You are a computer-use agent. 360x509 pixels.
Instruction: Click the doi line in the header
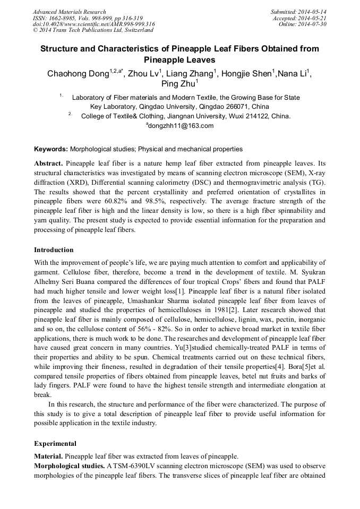[93, 24]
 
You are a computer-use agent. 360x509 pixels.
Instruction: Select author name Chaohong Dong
[78, 73]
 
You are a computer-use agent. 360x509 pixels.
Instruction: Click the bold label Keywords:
[51, 149]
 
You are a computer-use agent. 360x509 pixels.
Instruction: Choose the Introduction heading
[54, 249]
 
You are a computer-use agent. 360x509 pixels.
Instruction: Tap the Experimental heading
[55, 443]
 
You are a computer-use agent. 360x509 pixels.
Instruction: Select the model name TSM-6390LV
[134, 465]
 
